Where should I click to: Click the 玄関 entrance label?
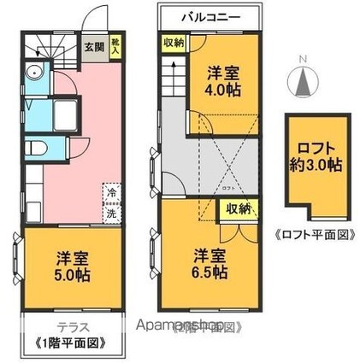click(93, 48)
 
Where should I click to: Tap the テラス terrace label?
click(72, 326)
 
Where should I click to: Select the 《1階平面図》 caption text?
click(71, 343)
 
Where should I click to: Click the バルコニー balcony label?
click(210, 17)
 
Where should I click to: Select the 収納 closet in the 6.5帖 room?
click(237, 208)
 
